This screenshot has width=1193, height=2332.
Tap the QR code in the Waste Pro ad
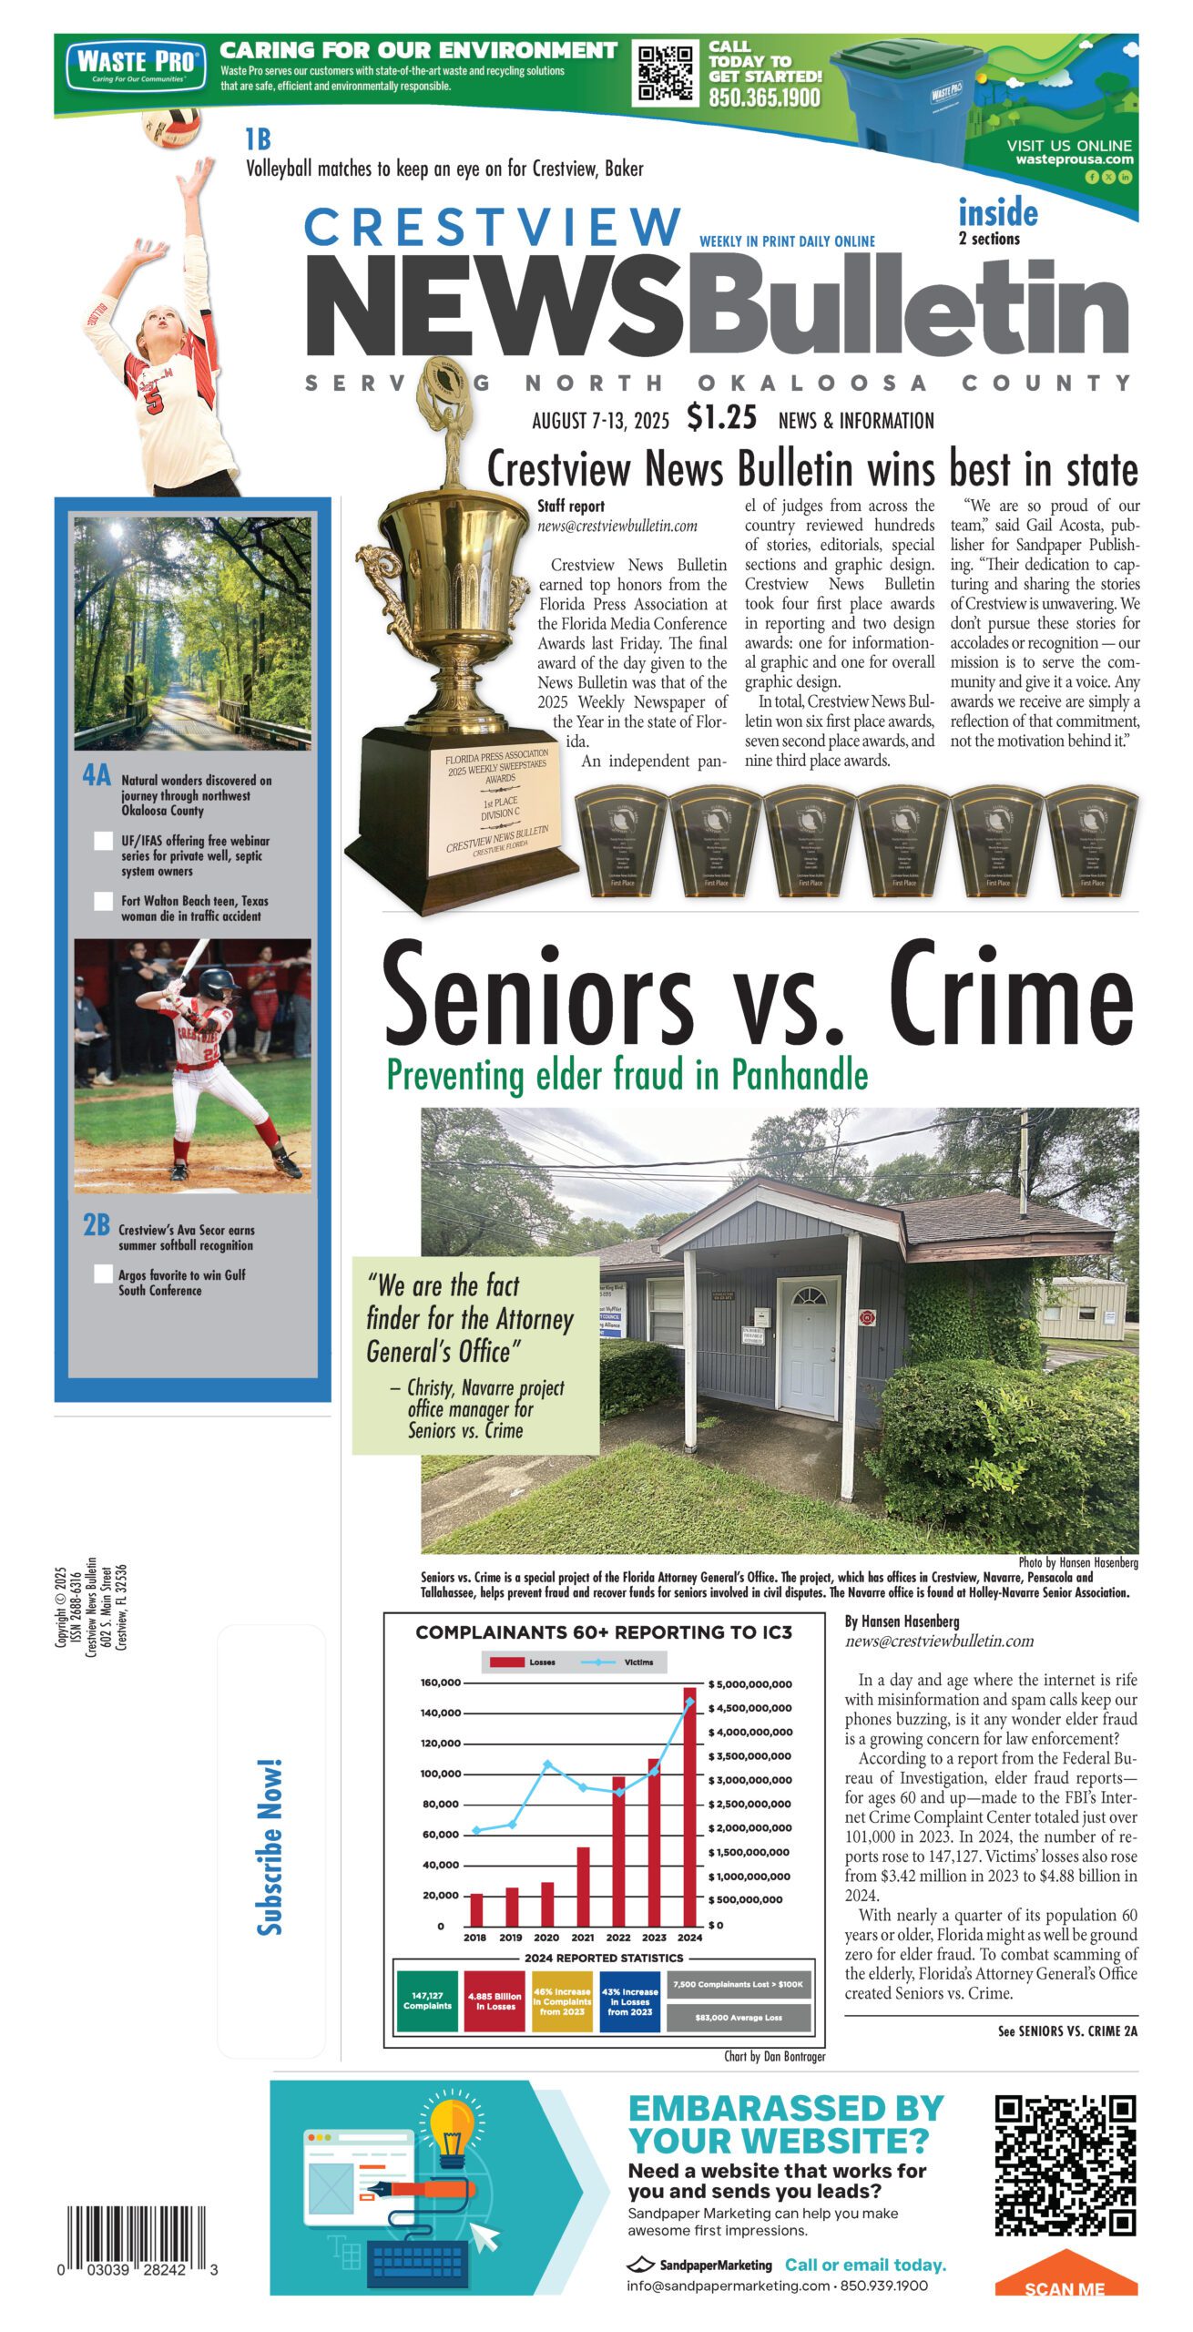click(665, 73)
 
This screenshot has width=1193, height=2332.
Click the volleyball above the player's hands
click(172, 127)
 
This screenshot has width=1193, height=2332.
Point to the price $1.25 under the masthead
click(721, 417)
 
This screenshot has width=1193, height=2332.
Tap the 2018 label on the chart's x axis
click(474, 1938)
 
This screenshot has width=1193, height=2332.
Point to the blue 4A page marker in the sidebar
click(97, 775)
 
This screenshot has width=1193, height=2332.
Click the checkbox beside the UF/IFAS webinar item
click(104, 841)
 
